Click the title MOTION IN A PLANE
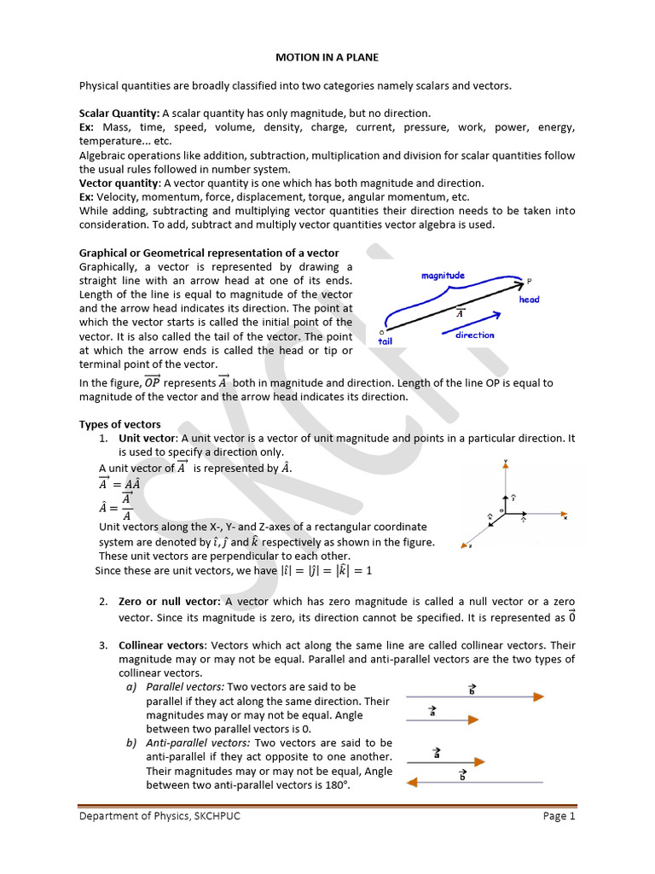click(x=327, y=57)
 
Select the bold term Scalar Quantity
click(x=119, y=114)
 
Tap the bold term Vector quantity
click(x=119, y=183)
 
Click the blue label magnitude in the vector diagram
click(x=443, y=275)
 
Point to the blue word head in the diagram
click(x=529, y=300)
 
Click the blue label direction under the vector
click(x=474, y=335)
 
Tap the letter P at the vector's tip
click(x=530, y=282)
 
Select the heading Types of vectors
click(x=119, y=424)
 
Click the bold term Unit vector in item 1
click(x=147, y=438)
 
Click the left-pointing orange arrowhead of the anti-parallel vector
click(x=413, y=781)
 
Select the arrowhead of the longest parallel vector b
click(x=538, y=696)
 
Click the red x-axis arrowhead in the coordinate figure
click(x=564, y=514)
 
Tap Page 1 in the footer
click(x=559, y=816)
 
